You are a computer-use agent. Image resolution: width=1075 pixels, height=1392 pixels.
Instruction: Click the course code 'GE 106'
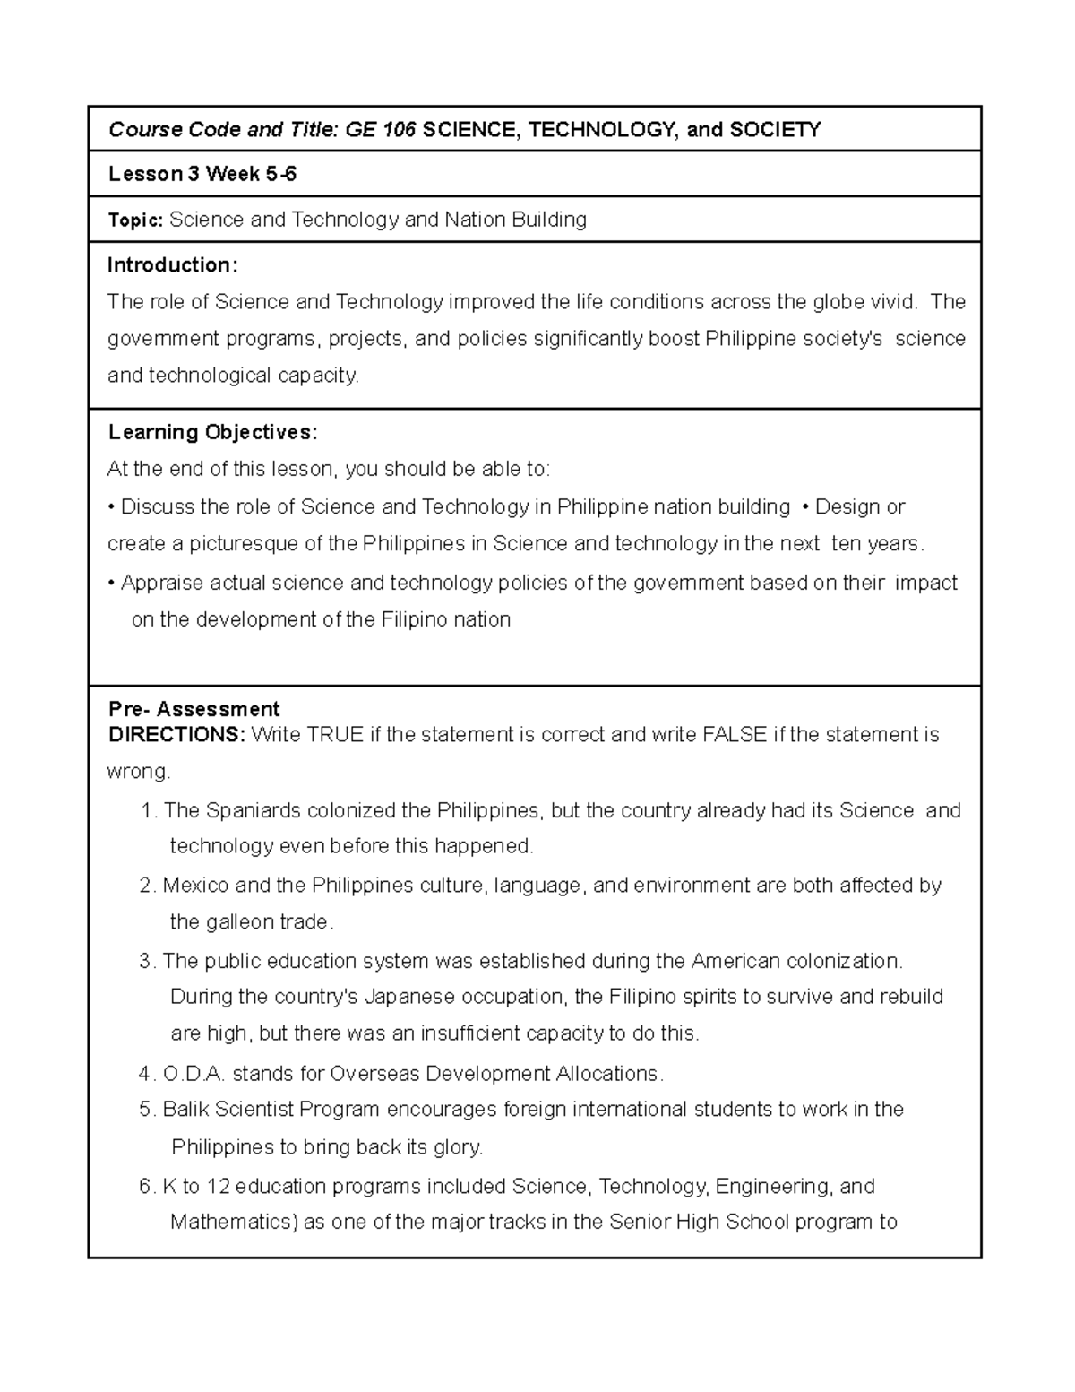point(381,130)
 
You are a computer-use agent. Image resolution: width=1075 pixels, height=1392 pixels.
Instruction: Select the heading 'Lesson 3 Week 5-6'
point(202,174)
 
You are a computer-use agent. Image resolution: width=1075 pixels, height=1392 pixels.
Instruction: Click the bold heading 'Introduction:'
point(172,265)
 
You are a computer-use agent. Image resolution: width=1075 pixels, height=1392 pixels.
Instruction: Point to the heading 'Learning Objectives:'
point(212,432)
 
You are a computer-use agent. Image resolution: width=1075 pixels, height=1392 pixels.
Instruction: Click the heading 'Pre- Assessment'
point(193,710)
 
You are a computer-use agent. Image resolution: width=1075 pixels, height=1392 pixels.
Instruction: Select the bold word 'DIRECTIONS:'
point(176,735)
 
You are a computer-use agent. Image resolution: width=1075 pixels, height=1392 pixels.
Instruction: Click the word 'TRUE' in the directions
point(335,735)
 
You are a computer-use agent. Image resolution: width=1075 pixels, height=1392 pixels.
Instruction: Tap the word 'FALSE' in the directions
point(735,735)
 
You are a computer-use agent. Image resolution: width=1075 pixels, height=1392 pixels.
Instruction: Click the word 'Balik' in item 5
point(185,1110)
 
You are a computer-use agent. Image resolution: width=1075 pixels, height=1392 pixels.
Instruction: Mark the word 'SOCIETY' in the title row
point(775,130)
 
